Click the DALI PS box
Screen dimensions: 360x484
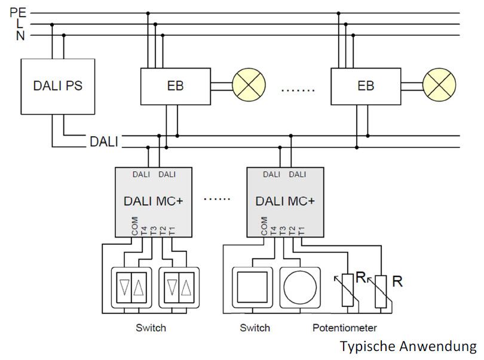[x=58, y=85]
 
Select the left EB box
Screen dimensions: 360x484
[x=175, y=85]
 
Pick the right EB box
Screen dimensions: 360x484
[x=366, y=85]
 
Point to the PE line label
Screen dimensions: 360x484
[x=17, y=11]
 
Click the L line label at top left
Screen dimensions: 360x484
[x=20, y=24]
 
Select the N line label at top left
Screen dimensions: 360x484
[x=20, y=36]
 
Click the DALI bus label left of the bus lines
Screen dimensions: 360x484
[x=104, y=142]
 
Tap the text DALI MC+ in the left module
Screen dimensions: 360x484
[x=153, y=201]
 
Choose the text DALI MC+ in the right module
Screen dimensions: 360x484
[x=285, y=201]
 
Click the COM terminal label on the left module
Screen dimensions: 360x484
[x=134, y=225]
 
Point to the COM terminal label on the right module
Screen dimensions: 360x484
[x=265, y=225]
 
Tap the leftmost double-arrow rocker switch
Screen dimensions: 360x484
[x=131, y=288]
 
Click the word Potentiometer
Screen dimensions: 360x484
[x=344, y=328]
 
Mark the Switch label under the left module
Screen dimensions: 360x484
[x=151, y=328]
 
